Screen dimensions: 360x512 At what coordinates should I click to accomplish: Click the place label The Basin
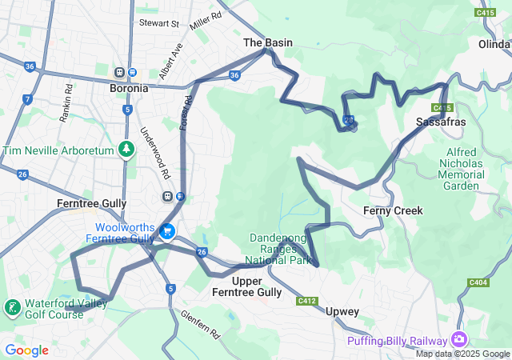[267, 42]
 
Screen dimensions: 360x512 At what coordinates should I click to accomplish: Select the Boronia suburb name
[129, 89]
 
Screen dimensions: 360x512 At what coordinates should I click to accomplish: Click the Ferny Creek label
[392, 210]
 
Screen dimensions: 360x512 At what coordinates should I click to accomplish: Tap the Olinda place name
[494, 44]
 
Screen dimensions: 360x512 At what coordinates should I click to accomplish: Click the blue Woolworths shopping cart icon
[167, 232]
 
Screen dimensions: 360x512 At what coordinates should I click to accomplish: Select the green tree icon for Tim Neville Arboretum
[126, 149]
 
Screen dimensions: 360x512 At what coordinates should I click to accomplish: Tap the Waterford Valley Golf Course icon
[13, 308]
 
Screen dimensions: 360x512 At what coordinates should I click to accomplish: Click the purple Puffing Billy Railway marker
[458, 340]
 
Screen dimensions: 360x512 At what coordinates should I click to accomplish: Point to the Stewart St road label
[158, 24]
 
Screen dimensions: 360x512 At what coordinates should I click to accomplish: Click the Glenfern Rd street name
[199, 325]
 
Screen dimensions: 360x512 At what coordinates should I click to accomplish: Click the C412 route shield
[306, 301]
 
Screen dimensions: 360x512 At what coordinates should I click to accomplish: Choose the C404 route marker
[478, 282]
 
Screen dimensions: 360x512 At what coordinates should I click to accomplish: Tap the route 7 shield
[27, 99]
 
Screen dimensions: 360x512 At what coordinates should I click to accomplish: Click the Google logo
[26, 350]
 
